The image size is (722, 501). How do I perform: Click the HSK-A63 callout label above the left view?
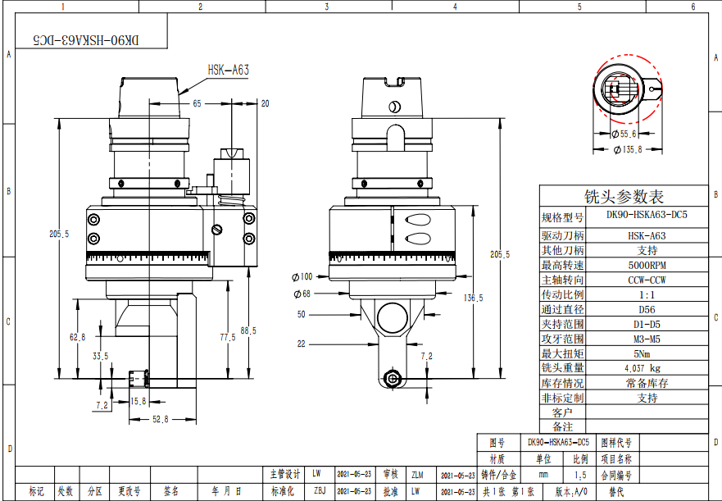[229, 71]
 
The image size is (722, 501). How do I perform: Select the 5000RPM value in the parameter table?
[647, 266]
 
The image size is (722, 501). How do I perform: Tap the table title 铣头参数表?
[624, 198]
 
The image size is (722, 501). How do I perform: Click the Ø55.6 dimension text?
[624, 133]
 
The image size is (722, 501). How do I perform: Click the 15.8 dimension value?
[138, 401]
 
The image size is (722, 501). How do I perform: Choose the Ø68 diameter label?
[302, 294]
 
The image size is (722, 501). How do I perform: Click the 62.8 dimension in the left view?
[77, 337]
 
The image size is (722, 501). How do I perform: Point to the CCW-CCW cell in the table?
[647, 280]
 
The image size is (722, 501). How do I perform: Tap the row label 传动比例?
[562, 294]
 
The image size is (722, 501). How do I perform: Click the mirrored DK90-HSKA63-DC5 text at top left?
[86, 39]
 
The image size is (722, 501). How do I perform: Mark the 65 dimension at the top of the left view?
[197, 104]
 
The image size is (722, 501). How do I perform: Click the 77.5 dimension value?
[227, 337]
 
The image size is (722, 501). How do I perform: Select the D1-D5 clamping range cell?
[647, 324]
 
